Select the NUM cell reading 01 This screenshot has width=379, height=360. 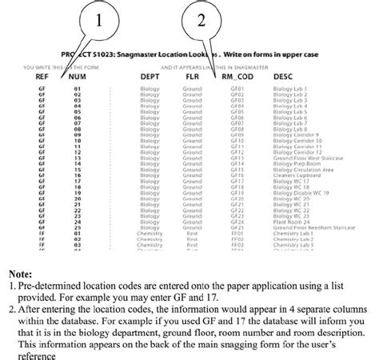pyautogui.click(x=78, y=88)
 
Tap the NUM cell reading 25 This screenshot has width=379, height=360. pyautogui.click(x=78, y=228)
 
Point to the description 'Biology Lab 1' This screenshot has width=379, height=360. pyautogui.click(x=289, y=88)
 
